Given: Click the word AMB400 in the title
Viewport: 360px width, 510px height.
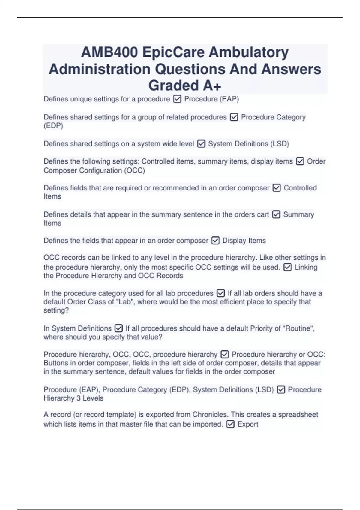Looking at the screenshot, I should point(110,53).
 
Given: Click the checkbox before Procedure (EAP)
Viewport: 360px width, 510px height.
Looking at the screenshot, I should point(177,99).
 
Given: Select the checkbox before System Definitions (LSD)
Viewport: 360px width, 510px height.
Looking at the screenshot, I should point(201,144).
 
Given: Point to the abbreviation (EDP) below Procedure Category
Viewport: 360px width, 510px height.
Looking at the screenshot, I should point(53,126).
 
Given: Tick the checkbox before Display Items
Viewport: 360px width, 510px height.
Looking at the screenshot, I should point(215,241).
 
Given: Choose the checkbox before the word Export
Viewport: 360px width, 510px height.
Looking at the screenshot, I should point(230,424).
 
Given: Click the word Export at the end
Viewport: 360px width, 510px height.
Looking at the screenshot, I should point(247,424).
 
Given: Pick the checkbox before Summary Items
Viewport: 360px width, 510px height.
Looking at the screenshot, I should point(276,215).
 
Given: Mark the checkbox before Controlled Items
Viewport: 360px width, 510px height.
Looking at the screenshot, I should point(277,188).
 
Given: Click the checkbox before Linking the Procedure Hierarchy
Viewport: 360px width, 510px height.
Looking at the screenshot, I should point(287,267).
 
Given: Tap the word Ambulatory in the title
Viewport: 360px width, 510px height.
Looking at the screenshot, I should point(249,53).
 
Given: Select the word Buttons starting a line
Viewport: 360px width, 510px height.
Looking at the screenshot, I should point(56,363).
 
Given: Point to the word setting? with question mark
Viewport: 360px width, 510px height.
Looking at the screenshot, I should point(56,310).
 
